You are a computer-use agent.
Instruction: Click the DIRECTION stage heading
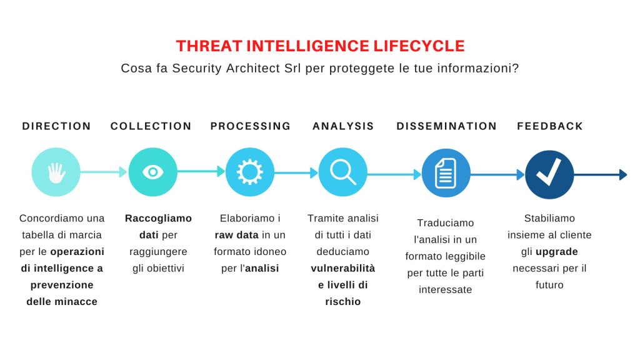coord(56,126)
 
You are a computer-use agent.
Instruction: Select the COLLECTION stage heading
coord(151,126)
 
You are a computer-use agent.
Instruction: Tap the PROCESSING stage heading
coord(250,126)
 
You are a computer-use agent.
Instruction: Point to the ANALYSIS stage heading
coord(343,126)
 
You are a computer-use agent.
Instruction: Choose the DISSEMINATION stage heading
coord(446,126)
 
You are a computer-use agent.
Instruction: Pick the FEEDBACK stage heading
coord(550,126)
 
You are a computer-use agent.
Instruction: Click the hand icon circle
coord(56,172)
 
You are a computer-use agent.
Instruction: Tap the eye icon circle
coord(153,172)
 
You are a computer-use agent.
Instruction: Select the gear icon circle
coord(250,172)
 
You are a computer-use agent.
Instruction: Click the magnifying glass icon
coord(343,172)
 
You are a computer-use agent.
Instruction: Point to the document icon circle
coord(446,173)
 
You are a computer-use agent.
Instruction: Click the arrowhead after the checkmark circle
coord(623,175)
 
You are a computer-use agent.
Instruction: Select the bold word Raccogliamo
coord(158,218)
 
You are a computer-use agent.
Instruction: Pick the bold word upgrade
coord(557,252)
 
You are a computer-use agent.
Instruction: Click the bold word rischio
coord(343,302)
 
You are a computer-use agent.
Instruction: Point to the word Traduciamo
coord(445,223)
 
